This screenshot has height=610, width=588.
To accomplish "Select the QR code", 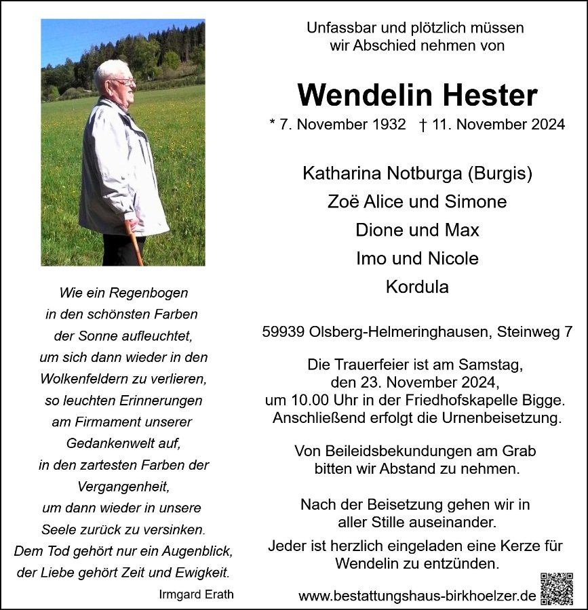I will pos(557,588).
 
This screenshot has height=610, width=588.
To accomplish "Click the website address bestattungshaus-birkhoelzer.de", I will pos(417,596).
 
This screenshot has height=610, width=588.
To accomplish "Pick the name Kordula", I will pos(417,287).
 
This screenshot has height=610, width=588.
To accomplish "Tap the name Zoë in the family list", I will pos(342,201).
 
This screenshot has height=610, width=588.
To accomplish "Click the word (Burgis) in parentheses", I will pos(501,174).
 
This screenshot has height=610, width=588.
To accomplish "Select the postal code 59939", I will pos(283,333).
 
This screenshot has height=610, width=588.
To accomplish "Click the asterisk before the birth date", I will pos(273,124).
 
